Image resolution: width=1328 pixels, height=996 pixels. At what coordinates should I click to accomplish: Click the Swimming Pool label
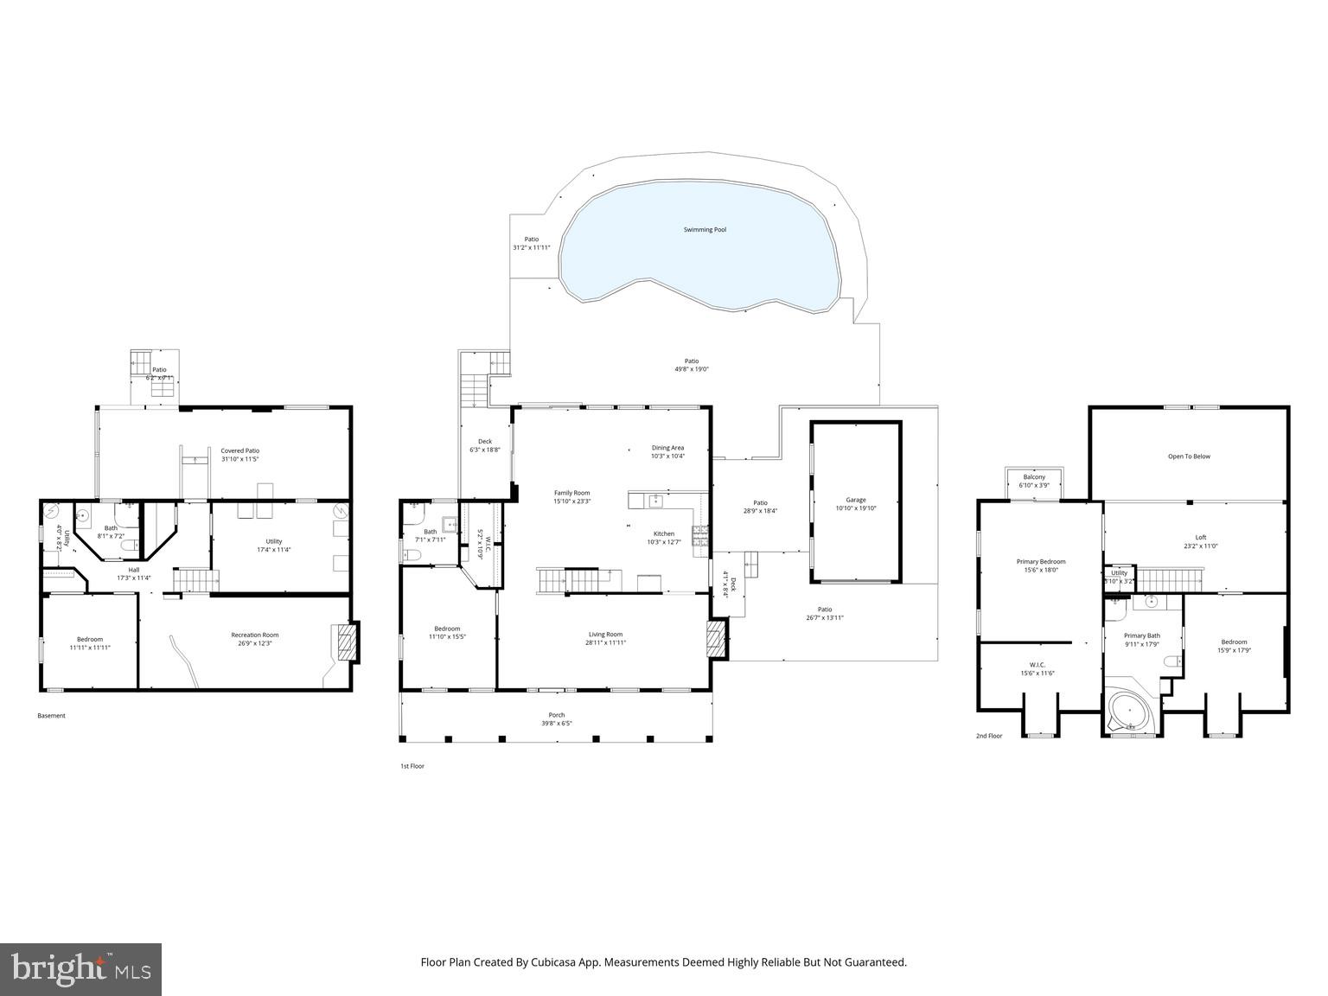tap(705, 230)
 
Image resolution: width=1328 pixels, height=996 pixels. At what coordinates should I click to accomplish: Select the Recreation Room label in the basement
tap(255, 635)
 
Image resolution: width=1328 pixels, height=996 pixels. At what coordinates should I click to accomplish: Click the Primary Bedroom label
tap(1041, 562)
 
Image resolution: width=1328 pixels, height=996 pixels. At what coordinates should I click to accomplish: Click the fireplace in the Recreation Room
tap(345, 643)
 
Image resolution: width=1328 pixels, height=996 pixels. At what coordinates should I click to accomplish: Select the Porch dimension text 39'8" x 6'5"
tap(557, 724)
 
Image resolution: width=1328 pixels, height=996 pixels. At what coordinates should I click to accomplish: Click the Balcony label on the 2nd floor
tap(1034, 477)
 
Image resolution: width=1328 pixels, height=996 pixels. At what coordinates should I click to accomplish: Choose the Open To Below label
tap(1189, 456)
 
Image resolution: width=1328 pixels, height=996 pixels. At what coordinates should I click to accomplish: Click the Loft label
tap(1200, 537)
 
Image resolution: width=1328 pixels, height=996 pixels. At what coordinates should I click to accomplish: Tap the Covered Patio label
tap(239, 450)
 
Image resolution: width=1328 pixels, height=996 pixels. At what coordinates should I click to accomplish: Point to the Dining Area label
tap(667, 448)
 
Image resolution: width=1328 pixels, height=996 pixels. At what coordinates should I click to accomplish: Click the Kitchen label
tap(663, 533)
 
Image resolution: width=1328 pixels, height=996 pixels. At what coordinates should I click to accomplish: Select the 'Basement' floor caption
tap(51, 716)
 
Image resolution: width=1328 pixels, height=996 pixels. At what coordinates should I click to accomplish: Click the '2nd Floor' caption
tap(989, 736)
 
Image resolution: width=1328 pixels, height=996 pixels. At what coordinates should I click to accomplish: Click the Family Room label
tap(571, 493)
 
